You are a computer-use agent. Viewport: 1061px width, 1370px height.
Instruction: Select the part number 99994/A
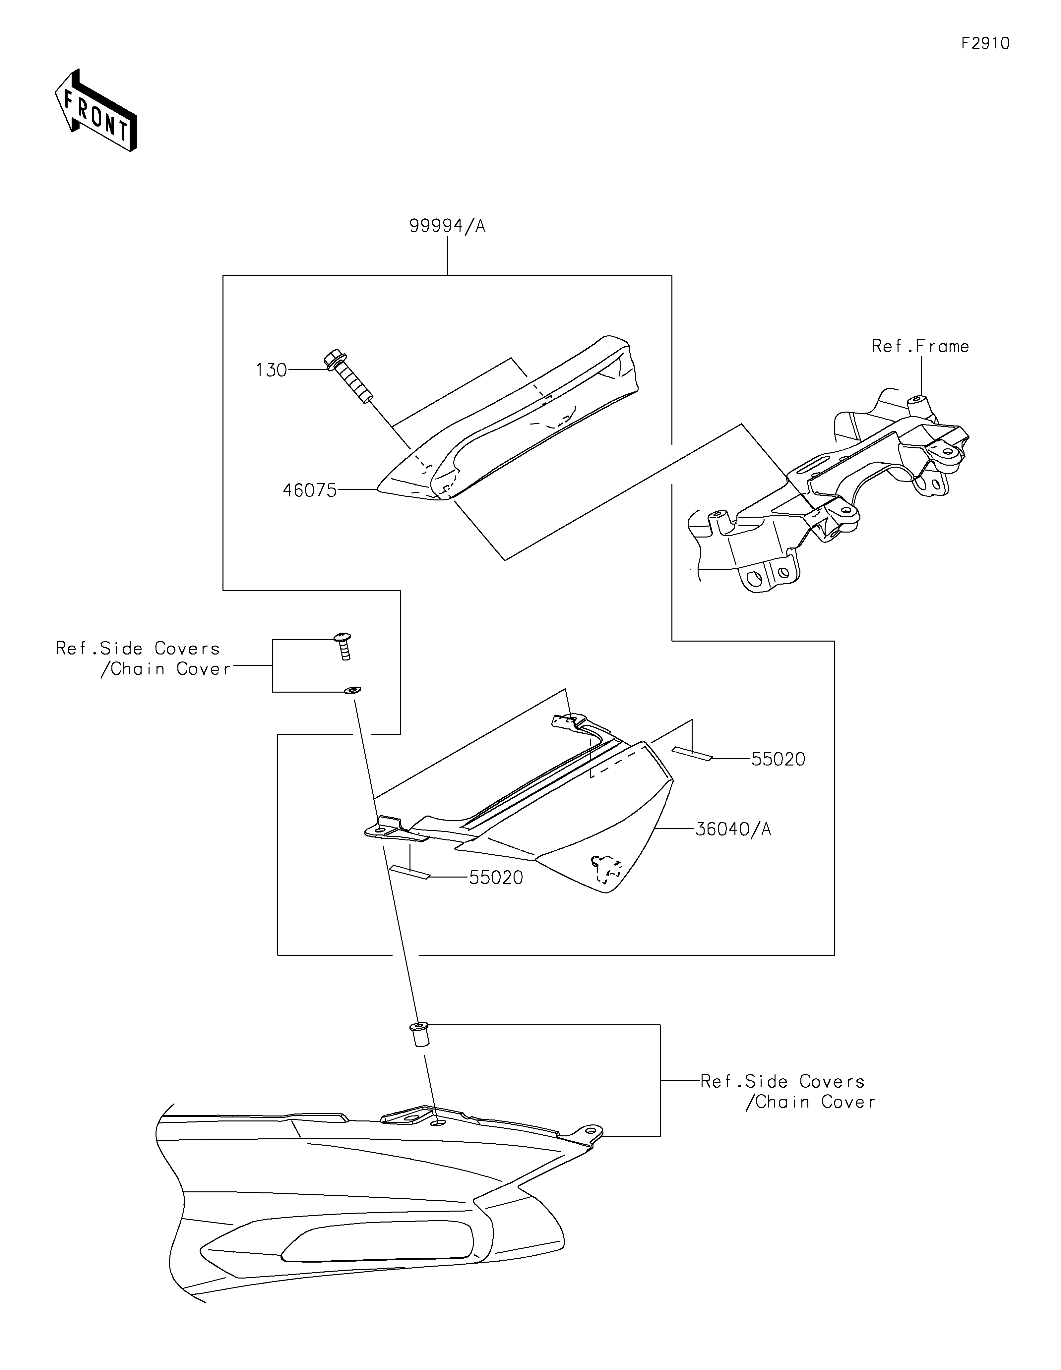[x=447, y=226]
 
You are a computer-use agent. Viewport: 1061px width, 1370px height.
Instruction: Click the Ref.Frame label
[x=920, y=346]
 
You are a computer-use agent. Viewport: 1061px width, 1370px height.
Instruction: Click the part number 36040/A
[x=733, y=829]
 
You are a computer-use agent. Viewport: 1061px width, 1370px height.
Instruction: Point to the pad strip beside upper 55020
[x=692, y=752]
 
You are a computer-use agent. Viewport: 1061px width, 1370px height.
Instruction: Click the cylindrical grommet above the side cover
[x=419, y=1033]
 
